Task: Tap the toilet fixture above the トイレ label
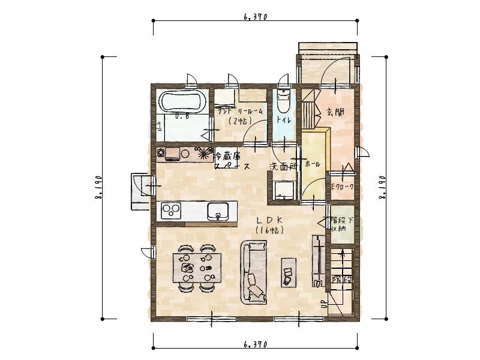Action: click(x=283, y=101)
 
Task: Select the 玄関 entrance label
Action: click(x=335, y=112)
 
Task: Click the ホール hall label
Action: click(x=313, y=164)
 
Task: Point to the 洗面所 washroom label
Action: click(x=283, y=166)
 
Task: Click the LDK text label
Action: click(x=269, y=220)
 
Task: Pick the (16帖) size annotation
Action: click(x=269, y=230)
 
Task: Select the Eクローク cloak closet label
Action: click(x=343, y=187)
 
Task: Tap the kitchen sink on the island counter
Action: click(x=218, y=211)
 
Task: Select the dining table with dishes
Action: click(x=197, y=266)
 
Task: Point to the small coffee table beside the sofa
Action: click(x=289, y=271)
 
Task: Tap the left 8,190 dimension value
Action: click(x=97, y=188)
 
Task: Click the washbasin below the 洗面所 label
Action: click(x=283, y=191)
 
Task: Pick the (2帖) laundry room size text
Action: click(x=239, y=121)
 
